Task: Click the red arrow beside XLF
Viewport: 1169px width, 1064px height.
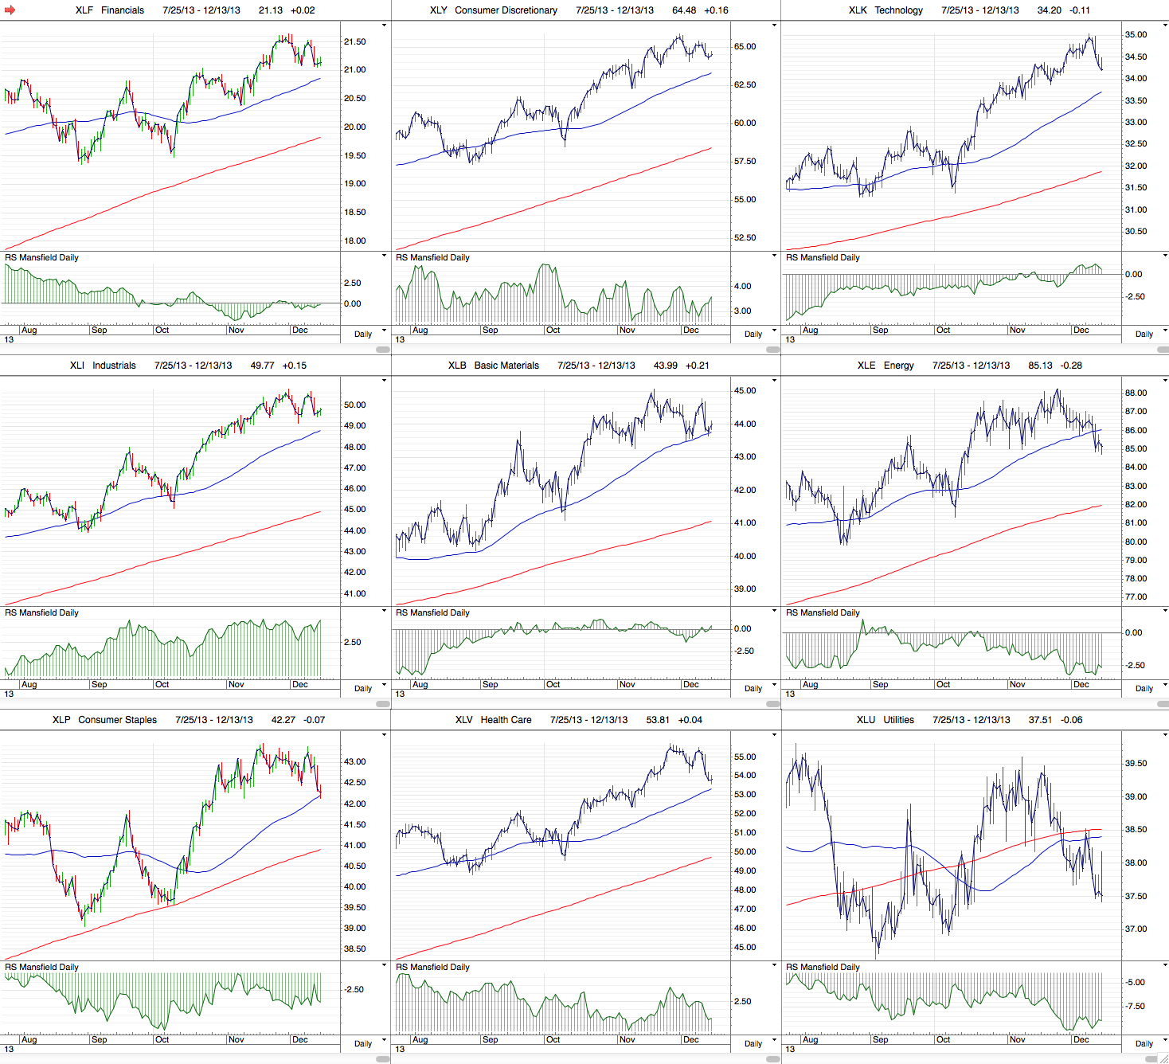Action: [10, 10]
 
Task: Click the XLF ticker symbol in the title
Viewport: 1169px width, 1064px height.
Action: [84, 10]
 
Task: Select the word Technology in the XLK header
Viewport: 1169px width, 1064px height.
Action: [898, 10]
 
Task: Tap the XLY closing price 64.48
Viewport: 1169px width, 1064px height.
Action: [684, 10]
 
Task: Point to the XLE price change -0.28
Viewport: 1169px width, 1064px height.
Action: [1067, 366]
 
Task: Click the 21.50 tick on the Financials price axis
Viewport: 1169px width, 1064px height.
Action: [354, 42]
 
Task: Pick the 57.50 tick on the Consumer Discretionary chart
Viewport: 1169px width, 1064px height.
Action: [745, 162]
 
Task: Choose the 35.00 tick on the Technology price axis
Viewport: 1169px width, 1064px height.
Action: [1136, 35]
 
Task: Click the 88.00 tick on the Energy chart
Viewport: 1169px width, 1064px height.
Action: [1136, 393]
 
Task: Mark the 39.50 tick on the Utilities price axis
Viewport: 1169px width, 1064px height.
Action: [1136, 764]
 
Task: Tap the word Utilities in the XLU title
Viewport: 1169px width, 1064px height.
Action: [898, 720]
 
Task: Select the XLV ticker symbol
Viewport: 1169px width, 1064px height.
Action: [464, 720]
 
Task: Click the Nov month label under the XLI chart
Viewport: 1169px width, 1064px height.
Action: [237, 685]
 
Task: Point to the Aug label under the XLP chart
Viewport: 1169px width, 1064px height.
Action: [29, 1040]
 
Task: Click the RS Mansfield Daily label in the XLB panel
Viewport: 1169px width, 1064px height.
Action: [432, 613]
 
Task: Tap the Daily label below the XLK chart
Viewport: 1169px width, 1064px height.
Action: [1144, 334]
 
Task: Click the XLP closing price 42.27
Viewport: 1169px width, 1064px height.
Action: [283, 720]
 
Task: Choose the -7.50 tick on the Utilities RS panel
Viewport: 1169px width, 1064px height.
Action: [1135, 1007]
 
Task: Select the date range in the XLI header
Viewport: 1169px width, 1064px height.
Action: [194, 366]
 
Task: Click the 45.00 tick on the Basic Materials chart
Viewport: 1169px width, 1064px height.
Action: [745, 391]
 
